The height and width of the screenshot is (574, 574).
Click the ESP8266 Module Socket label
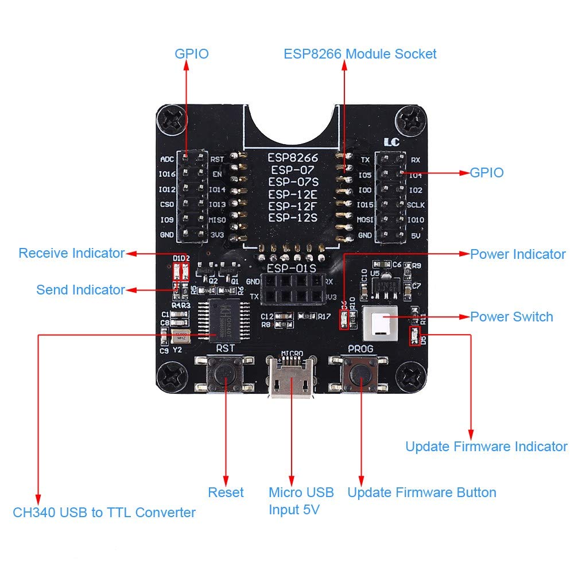(x=360, y=54)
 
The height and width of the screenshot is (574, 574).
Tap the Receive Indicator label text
(x=71, y=253)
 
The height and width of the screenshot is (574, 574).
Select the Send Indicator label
(x=80, y=289)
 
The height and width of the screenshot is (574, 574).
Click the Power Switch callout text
(x=511, y=317)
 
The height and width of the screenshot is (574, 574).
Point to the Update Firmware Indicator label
(x=486, y=447)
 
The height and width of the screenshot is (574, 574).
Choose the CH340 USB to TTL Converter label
(x=104, y=513)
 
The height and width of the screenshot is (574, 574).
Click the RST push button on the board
(x=224, y=374)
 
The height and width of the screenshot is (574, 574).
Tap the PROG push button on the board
(x=360, y=374)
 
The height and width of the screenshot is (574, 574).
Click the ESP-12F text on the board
(x=293, y=205)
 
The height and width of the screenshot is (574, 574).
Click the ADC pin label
(x=167, y=160)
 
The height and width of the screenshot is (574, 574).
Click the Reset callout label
(x=226, y=492)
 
